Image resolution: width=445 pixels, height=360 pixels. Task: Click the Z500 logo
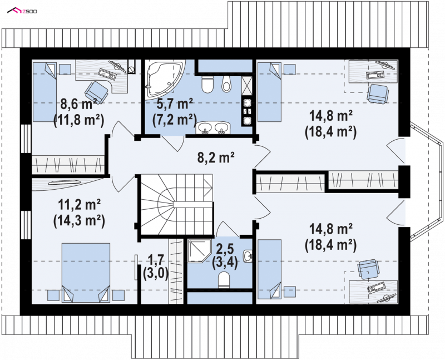pyautogui.click(x=22, y=11)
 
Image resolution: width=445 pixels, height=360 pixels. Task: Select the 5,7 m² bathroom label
pyautogui.click(x=175, y=104)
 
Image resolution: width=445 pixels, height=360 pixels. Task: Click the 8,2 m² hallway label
pyautogui.click(x=216, y=157)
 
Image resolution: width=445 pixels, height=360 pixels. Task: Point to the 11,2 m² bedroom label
pyautogui.click(x=79, y=204)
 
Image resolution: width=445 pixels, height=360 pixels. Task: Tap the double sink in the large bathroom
pyautogui.click(x=213, y=127)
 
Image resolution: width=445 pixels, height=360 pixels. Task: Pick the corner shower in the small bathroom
pyautogui.click(x=199, y=251)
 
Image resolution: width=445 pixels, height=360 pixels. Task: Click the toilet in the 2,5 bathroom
pyautogui.click(x=224, y=280)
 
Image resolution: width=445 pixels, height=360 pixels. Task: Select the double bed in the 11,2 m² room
pyautogui.click(x=86, y=273)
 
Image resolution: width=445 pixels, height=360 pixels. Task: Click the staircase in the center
pyautogui.click(x=175, y=205)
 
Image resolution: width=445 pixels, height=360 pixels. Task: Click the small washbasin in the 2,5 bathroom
pyautogui.click(x=248, y=255)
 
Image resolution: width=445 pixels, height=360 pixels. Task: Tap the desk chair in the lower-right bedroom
pyautogui.click(x=368, y=269)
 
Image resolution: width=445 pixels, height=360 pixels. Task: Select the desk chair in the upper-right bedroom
pyautogui.click(x=377, y=93)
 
